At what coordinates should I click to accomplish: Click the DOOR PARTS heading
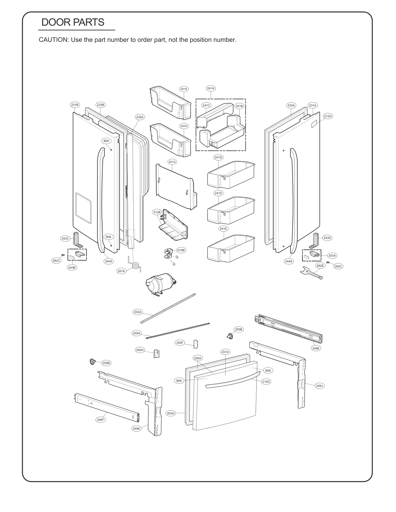[73, 22]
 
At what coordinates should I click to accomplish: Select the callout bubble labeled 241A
[211, 88]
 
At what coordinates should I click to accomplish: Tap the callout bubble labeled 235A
[140, 117]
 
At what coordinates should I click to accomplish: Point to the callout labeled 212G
[328, 116]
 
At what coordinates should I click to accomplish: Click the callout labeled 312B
[157, 212]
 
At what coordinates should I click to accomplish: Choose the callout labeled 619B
[181, 250]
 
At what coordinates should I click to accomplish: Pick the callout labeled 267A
[121, 271]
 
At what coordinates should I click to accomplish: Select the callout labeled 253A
[137, 312]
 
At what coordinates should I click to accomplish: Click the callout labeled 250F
[180, 342]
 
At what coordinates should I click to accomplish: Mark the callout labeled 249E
[316, 348]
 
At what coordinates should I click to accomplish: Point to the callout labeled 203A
[171, 413]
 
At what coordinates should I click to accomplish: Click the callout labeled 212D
[266, 381]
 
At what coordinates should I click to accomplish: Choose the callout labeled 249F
[100, 419]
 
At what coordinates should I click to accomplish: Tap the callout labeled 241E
[223, 228]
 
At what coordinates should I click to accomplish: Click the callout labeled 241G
[172, 162]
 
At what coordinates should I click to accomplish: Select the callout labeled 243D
[327, 238]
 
